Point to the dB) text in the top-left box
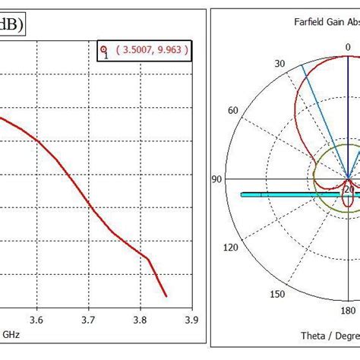click(10, 24)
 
